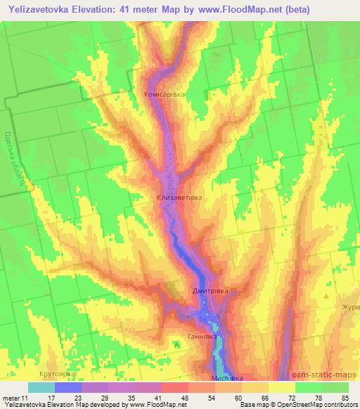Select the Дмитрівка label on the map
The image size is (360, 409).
(210, 290)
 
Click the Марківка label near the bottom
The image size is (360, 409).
(227, 377)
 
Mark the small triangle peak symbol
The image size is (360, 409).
(326, 297)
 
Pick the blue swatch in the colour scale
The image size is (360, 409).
(68, 387)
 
